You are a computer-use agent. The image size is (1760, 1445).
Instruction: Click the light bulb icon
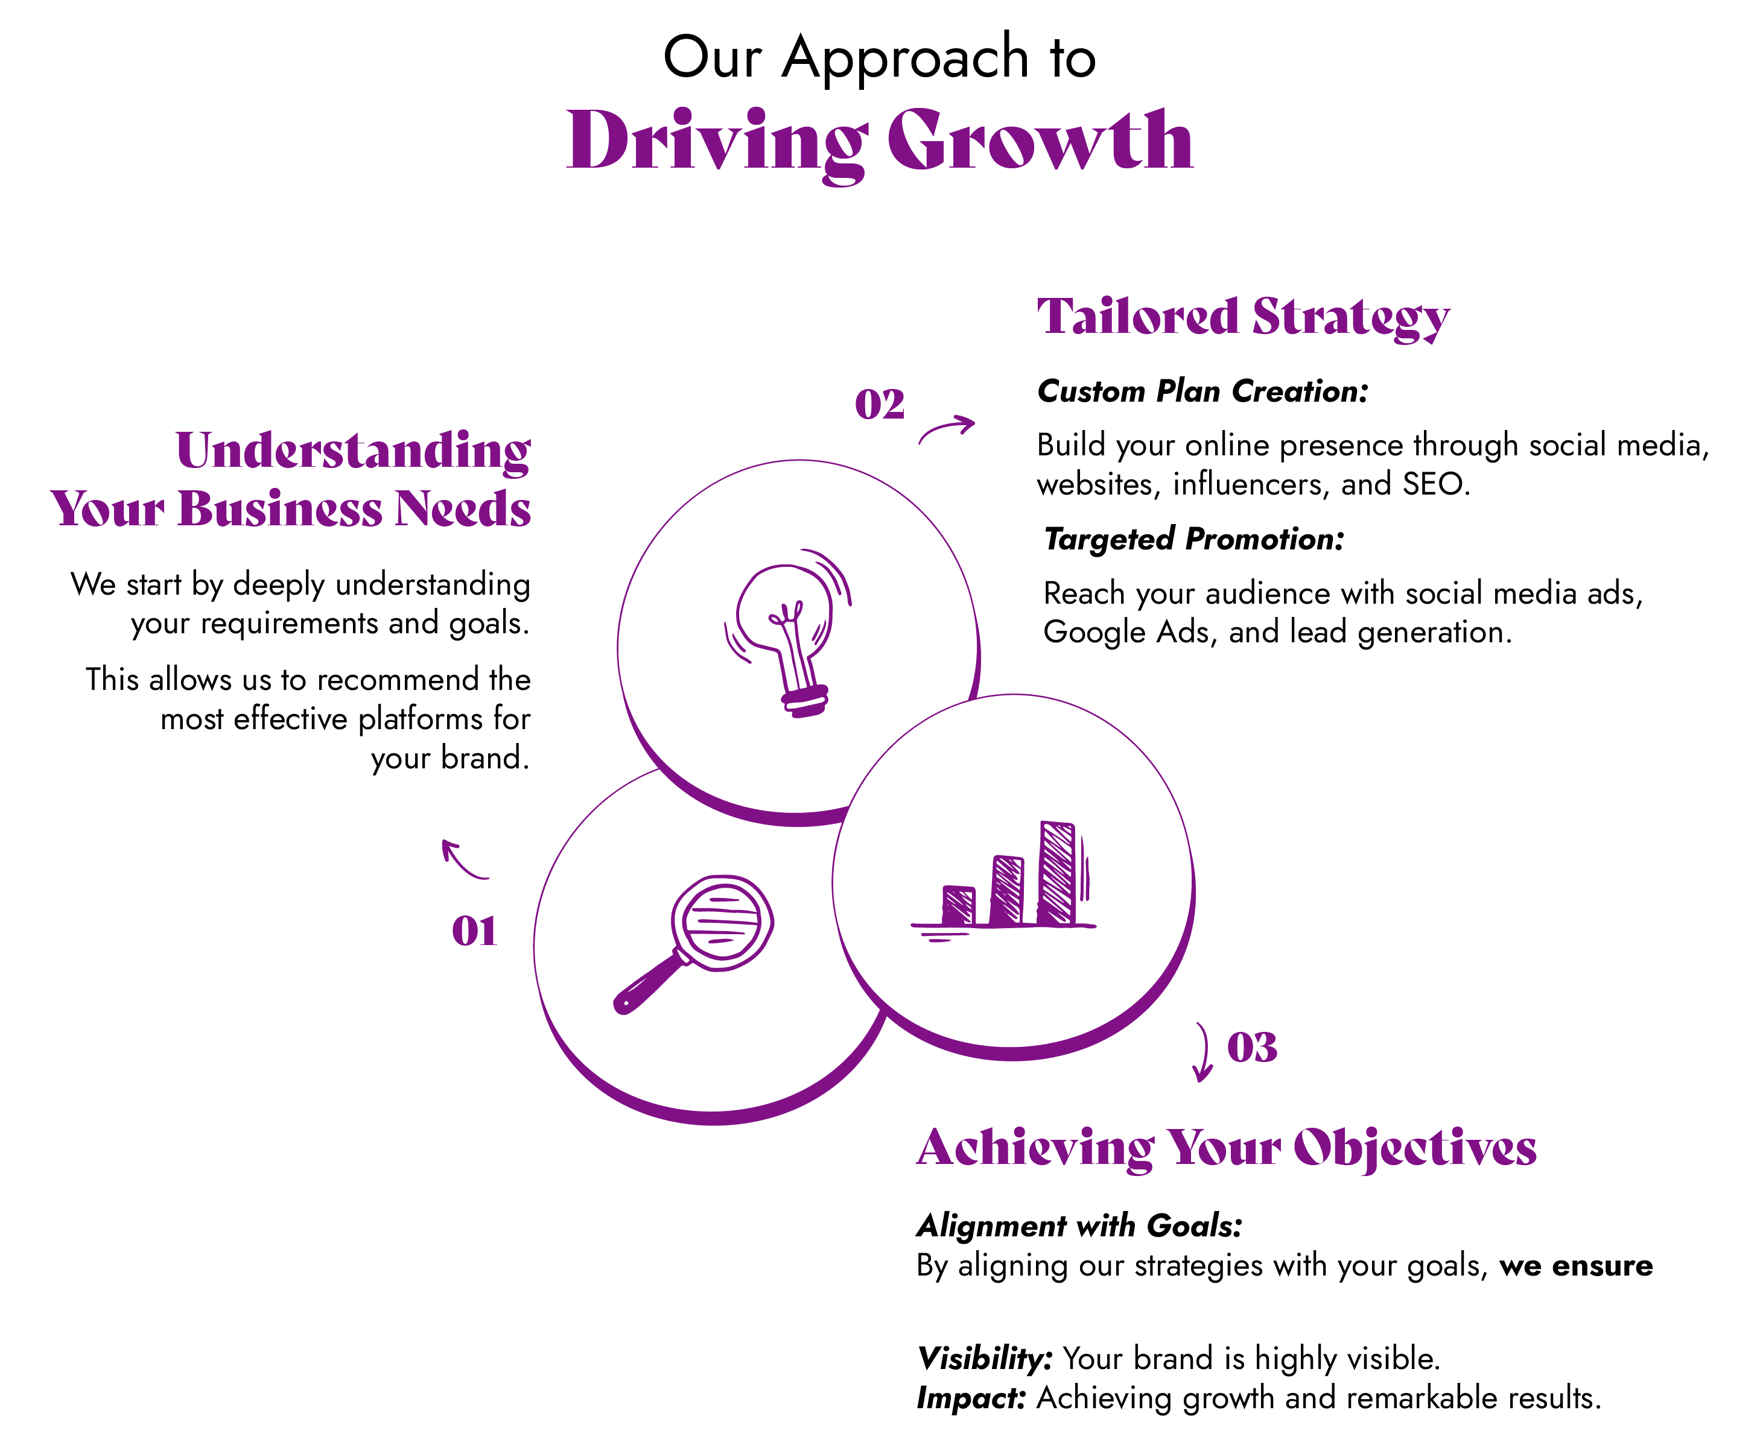pos(787,633)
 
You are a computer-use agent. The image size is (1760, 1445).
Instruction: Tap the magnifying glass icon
pos(693,943)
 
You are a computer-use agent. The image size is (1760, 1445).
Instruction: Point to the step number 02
pos(879,405)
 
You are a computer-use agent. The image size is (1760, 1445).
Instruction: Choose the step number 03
pos(1252,1047)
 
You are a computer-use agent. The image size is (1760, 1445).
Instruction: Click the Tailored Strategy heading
pos(1243,318)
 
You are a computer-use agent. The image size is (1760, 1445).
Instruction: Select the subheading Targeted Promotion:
pos(1194,539)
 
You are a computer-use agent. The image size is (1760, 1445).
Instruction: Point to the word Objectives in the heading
pos(1414,1149)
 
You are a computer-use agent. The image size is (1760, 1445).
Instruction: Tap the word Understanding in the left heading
pos(353,452)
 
